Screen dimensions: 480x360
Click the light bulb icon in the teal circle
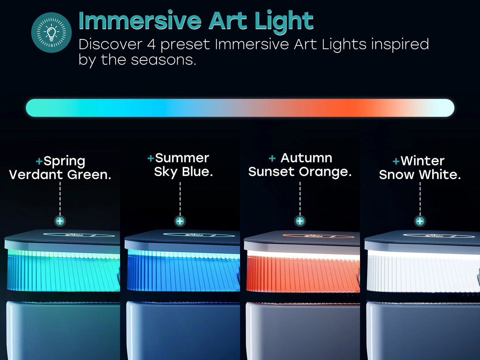(x=51, y=33)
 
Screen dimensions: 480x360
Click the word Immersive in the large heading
(x=140, y=20)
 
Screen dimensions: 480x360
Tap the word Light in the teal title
(x=284, y=22)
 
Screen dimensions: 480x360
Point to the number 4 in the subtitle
(x=151, y=44)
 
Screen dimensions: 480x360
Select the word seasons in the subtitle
(x=163, y=60)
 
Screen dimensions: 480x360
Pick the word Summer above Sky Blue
(x=182, y=158)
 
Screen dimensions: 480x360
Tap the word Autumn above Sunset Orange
(x=306, y=158)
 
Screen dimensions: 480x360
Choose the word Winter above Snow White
(x=422, y=161)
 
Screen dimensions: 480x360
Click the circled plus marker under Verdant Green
(x=60, y=221)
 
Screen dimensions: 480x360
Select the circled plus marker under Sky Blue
(x=180, y=221)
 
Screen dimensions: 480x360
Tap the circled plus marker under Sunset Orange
(x=300, y=221)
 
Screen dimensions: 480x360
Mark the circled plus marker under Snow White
(x=420, y=221)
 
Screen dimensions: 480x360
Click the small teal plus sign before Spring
(x=39, y=161)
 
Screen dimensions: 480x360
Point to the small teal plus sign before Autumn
(x=272, y=158)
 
